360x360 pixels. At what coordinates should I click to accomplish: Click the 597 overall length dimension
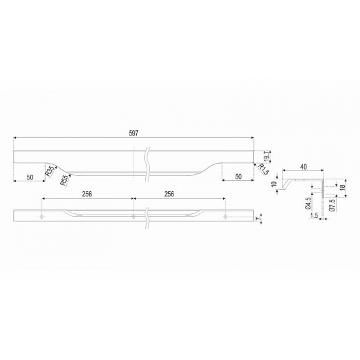coord(134,133)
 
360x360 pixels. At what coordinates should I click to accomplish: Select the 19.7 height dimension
coord(266,157)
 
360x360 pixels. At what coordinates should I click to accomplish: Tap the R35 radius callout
coord(50,171)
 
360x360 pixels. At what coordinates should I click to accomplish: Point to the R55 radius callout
coord(65,180)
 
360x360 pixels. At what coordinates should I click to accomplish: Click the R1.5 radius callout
coord(263,169)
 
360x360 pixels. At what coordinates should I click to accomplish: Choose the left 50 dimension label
coord(30,177)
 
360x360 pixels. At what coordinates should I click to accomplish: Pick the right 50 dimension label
coord(238,177)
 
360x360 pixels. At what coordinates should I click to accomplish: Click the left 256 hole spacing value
coord(87,194)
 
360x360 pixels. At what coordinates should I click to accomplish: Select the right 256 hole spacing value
coord(170,194)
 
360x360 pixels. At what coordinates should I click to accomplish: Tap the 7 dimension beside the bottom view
coord(259,219)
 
